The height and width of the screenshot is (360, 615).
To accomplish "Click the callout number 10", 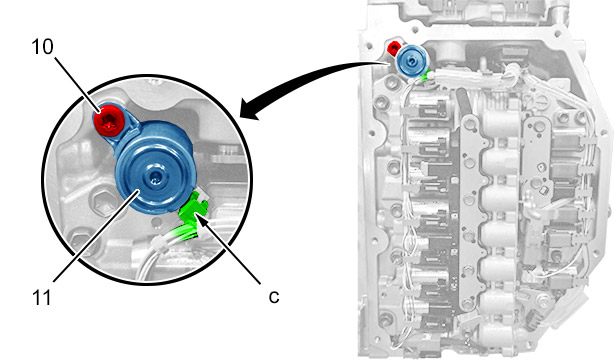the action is point(42,47).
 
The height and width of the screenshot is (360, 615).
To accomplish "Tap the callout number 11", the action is point(42,298).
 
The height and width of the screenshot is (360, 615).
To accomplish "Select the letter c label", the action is point(274,297).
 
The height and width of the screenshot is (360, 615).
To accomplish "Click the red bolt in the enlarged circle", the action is point(109,121).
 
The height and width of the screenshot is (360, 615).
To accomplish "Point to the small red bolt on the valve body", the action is point(393,48).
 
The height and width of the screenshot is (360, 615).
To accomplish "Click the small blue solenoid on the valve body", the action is point(411,61).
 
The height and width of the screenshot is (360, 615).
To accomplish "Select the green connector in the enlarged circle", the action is point(193,207).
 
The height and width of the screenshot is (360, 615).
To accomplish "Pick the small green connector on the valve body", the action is point(426,76).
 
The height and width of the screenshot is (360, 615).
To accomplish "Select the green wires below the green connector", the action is point(184,232).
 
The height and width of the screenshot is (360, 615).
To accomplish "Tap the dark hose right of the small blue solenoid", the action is point(464,103).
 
